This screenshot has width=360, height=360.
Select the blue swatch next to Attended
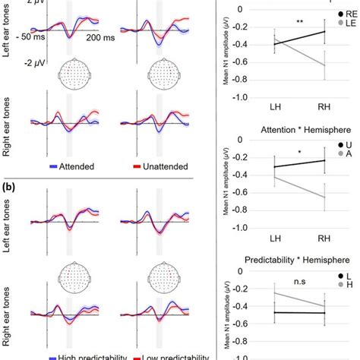pos(53,164)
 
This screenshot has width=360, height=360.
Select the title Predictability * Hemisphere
pos(281,260)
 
